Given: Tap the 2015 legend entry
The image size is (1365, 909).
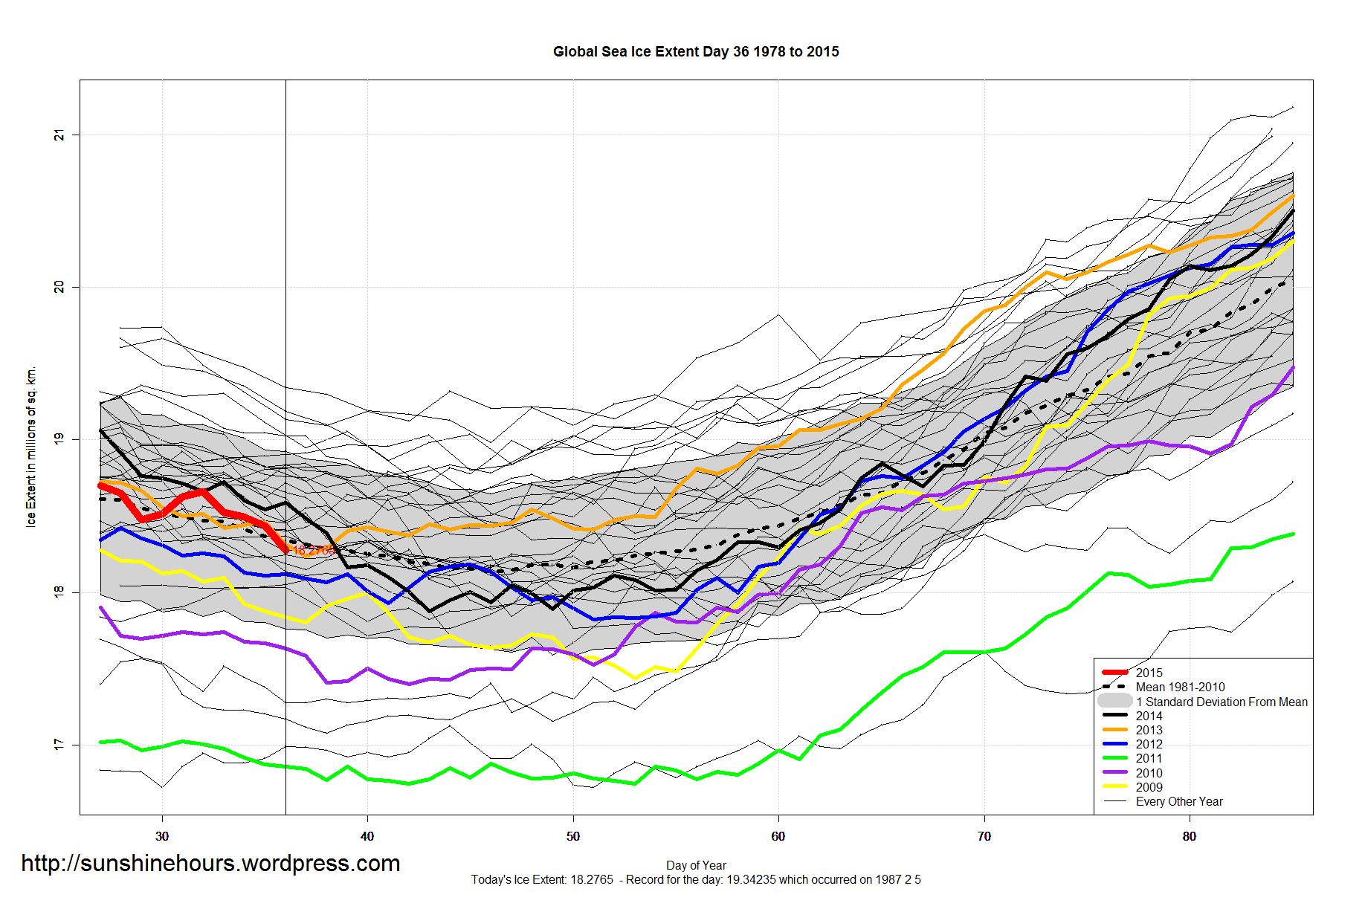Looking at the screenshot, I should coord(1149,673).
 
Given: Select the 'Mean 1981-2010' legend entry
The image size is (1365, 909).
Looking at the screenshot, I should coord(1180,687).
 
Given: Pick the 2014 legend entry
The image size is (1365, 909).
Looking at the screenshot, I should coord(1149,716).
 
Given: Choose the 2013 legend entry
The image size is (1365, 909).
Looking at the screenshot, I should coord(1149,730).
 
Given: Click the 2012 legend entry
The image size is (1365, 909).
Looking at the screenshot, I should coord(1149,744).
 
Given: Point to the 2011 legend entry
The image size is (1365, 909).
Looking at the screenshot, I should coord(1149,758).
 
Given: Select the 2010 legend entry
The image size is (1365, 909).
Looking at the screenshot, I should coord(1149,773).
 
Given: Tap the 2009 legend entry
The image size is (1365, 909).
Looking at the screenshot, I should coord(1149,787).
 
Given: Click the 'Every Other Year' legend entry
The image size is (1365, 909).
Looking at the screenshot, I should coord(1178,801).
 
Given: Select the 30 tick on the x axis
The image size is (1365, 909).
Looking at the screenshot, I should coord(162,836).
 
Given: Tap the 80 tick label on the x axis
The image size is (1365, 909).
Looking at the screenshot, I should coord(1189,836).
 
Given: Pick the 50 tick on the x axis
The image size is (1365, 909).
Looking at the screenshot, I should coord(572,836).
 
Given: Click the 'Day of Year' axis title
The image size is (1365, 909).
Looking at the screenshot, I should coord(696,865).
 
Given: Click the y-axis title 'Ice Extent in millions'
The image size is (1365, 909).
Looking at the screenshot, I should coord(31,447).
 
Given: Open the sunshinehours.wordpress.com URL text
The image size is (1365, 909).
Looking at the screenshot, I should coord(210,863).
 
